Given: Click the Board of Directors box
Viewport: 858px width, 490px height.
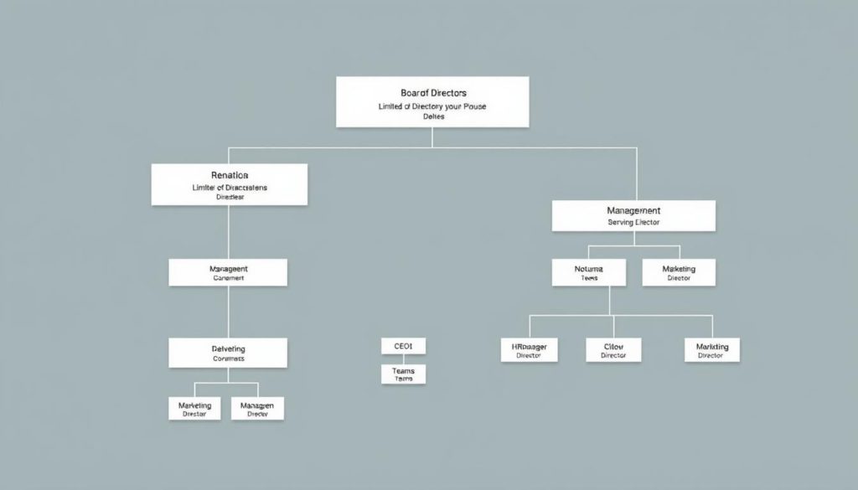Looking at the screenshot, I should tap(432, 101).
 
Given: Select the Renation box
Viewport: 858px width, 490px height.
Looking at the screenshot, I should tap(229, 184).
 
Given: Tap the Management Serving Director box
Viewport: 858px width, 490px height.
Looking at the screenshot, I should tap(633, 215).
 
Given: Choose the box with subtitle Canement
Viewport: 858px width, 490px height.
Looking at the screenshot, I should tap(228, 272).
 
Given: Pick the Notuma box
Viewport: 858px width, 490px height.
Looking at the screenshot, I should tap(588, 271).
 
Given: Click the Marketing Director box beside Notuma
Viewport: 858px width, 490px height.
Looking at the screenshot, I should tap(679, 271).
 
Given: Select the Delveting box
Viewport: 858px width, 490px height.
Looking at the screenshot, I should tap(228, 353).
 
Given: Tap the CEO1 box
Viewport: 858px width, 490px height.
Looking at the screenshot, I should tap(403, 346).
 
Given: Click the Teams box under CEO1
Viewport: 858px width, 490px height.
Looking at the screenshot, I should tap(403, 374).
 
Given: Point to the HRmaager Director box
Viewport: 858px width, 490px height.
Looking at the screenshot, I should tap(529, 349).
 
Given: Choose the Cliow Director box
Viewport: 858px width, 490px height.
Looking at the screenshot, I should tap(613, 349).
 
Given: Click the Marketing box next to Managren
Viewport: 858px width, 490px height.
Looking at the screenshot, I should tap(195, 408).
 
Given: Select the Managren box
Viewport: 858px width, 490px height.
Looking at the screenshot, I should tap(257, 408).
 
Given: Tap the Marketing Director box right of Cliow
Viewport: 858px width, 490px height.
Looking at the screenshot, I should tap(712, 349).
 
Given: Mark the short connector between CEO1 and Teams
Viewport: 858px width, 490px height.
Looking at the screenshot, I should tap(403, 358).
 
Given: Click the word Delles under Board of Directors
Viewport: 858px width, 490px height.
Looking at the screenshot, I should tap(433, 117).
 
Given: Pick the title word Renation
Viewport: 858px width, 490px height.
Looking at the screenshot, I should tap(230, 176).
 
